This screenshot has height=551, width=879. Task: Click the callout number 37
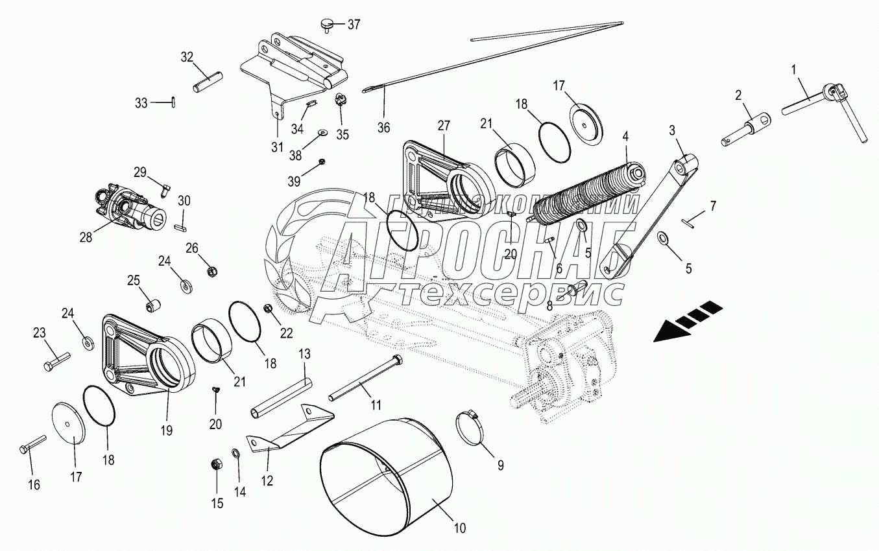point(354,25)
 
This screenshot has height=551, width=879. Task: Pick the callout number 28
point(86,237)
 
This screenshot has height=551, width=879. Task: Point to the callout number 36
point(383,127)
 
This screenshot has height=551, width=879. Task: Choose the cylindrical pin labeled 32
point(208,82)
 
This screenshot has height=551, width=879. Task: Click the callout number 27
point(443,125)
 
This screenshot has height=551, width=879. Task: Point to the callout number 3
point(673,130)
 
